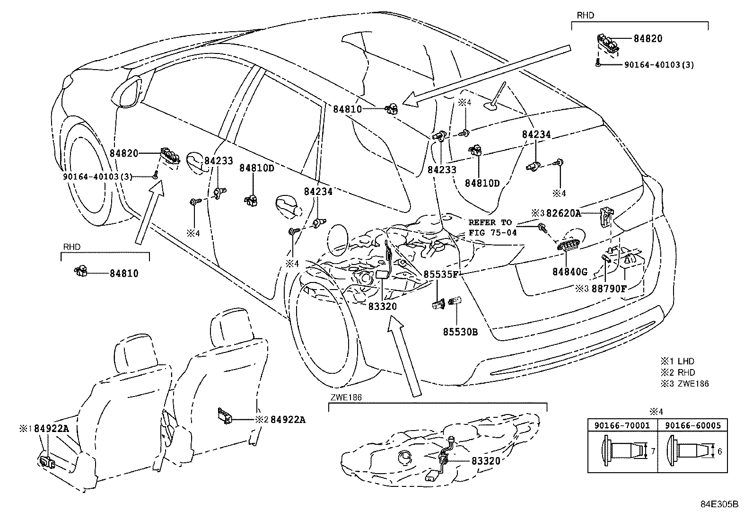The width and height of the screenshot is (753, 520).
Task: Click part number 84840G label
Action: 569,272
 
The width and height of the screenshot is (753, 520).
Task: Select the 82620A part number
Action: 563,213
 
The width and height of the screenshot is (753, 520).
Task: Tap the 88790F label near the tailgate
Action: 609,288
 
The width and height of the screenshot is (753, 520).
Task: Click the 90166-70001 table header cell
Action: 622,425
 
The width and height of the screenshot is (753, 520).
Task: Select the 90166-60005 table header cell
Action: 693,425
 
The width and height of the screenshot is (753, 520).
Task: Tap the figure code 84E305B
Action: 719,504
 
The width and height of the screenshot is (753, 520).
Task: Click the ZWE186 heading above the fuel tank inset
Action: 345,398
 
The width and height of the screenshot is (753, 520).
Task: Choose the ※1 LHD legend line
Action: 677,361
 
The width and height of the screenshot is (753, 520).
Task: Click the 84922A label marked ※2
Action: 288,420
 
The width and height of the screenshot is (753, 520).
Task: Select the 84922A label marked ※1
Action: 52,429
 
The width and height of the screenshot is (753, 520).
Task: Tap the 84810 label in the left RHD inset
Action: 124,273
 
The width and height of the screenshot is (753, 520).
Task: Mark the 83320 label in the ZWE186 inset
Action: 485,460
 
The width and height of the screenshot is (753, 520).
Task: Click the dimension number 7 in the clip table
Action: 653,451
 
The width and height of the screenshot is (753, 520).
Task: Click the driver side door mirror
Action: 129,93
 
